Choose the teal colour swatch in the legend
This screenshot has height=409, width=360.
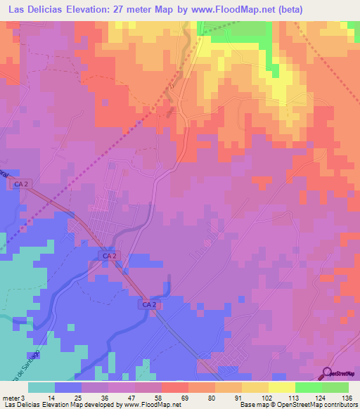(x=41, y=387)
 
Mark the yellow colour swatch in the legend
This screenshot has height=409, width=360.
(x=282, y=387)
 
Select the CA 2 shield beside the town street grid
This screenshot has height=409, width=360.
(x=108, y=257)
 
